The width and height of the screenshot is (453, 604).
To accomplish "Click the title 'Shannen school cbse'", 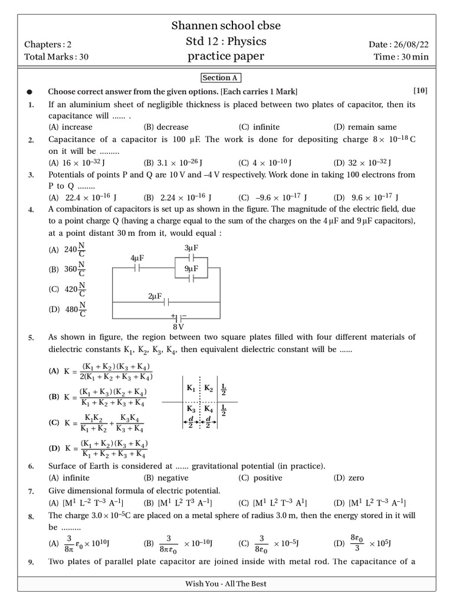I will (x=226, y=25).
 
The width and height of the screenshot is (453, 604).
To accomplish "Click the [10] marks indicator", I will (x=420, y=91).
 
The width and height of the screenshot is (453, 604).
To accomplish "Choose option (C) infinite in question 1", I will (x=259, y=127).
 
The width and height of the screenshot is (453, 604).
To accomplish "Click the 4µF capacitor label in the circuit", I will (x=137, y=258).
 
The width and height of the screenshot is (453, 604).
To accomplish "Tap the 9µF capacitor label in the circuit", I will (x=191, y=268).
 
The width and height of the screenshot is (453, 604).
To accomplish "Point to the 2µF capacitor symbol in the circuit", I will (x=166, y=301).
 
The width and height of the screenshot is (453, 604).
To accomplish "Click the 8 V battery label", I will (x=178, y=326).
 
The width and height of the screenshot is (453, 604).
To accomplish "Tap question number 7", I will (x=31, y=491).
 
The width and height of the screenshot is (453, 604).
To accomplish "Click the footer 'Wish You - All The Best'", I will (x=226, y=583).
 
